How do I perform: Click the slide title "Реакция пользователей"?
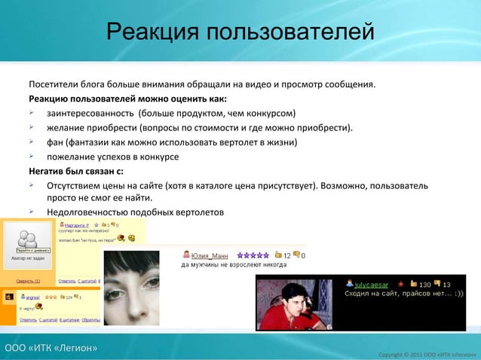pos(240,32)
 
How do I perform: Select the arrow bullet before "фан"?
pos(32,142)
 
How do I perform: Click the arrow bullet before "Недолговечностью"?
pos(32,212)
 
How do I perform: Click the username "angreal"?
pos(31,297)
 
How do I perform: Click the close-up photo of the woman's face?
pos(136,290)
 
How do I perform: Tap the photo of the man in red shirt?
pos(295,304)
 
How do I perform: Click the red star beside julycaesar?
pos(400,284)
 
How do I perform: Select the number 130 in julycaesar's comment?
pos(424,284)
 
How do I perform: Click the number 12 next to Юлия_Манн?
pos(287,255)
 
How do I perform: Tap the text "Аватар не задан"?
pos(27,258)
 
